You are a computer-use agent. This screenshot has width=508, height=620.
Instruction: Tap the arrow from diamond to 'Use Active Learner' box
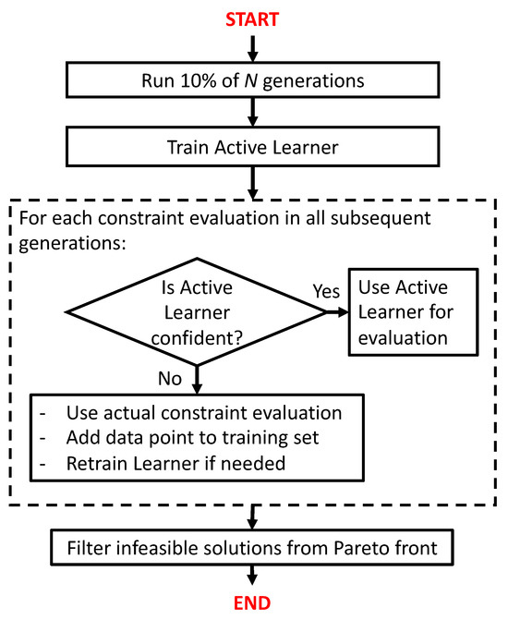pos(333,313)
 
